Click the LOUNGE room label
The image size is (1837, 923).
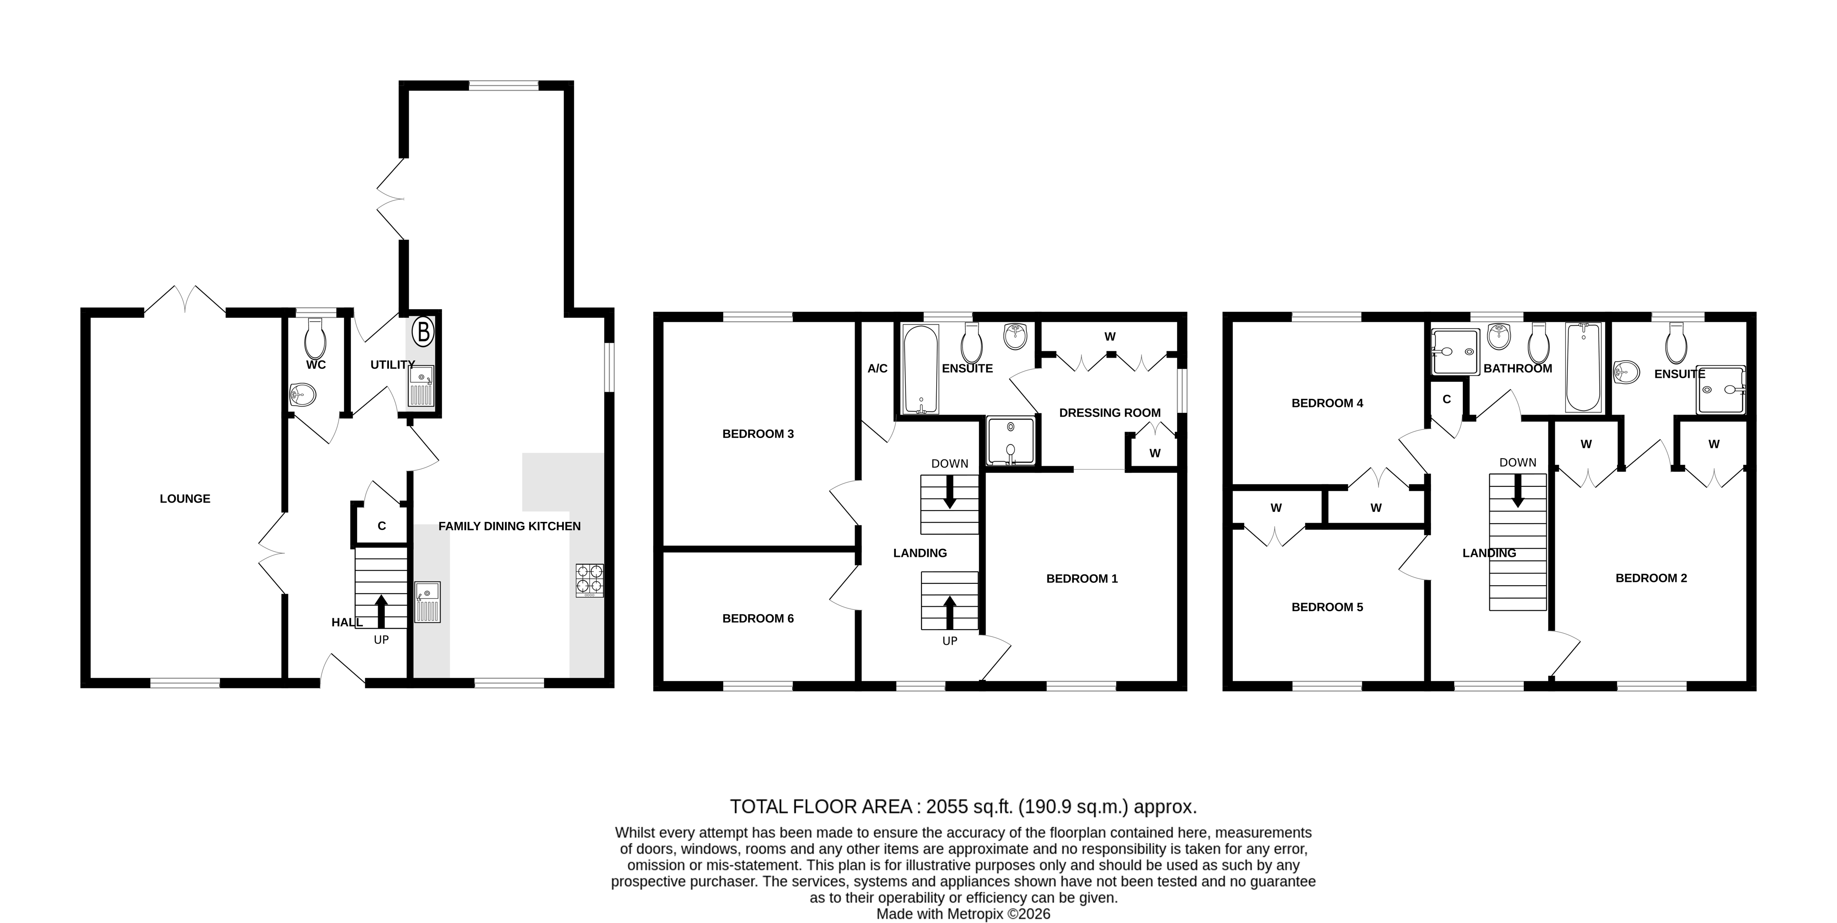[185, 499]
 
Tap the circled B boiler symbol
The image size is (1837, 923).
[423, 332]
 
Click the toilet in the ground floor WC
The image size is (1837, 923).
[314, 340]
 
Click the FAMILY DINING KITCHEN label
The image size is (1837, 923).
[509, 526]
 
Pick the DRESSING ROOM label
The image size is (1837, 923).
[1110, 413]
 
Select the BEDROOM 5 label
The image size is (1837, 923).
[1327, 607]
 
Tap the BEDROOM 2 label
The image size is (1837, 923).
[1651, 578]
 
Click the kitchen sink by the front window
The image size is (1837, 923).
[428, 603]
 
